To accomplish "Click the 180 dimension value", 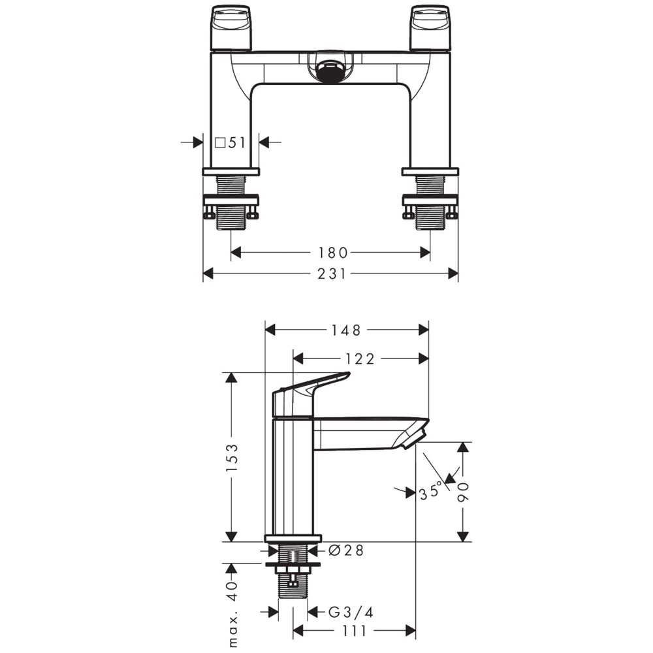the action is pyautogui.click(x=332, y=253).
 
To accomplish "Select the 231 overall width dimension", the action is pyautogui.click(x=332, y=274).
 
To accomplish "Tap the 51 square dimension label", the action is pyautogui.click(x=236, y=143).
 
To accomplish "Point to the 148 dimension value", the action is pyautogui.click(x=345, y=330).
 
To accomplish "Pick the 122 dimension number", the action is pyautogui.click(x=360, y=358).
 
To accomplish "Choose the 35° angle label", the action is pyautogui.click(x=430, y=491).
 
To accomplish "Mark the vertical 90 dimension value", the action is pyautogui.click(x=463, y=492).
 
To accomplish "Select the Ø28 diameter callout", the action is pyautogui.click(x=346, y=550).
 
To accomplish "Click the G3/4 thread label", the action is pyautogui.click(x=351, y=612).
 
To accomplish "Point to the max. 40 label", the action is pyautogui.click(x=232, y=613).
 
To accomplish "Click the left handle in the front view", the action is pyautogui.click(x=231, y=27).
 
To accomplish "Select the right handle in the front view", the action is pyautogui.click(x=430, y=27).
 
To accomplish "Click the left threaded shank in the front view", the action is pyautogui.click(x=231, y=203).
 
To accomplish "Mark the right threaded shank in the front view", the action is pyautogui.click(x=430, y=203).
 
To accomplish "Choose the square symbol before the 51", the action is pyautogui.click(x=220, y=143).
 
